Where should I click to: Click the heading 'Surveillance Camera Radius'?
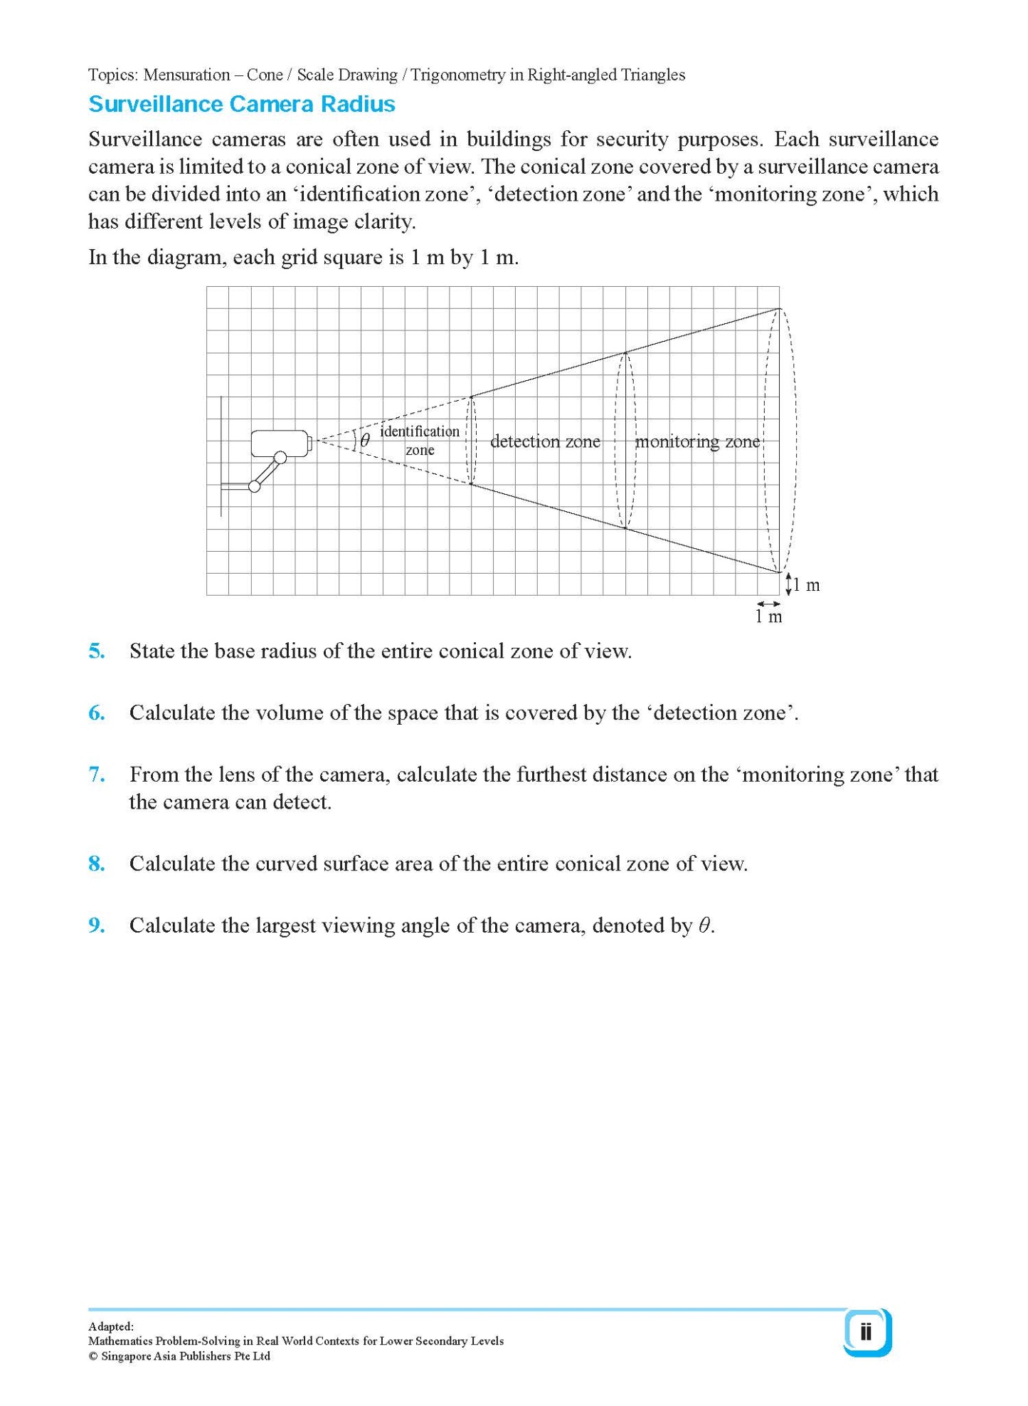tap(241, 105)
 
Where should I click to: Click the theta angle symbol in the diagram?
tap(365, 440)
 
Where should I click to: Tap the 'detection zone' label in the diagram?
tap(545, 441)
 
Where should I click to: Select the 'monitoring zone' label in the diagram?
tap(697, 441)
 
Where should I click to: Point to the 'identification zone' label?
tap(420, 440)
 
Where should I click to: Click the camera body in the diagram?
tap(280, 443)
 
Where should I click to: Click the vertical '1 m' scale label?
tap(806, 585)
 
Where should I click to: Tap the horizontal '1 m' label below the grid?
tap(768, 617)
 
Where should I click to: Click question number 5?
tap(97, 651)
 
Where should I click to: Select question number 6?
tap(97, 713)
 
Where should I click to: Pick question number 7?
tap(97, 775)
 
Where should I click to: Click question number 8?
tap(97, 864)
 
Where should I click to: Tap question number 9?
tap(97, 925)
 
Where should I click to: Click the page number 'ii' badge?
tap(866, 1332)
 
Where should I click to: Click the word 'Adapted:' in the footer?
tap(111, 1326)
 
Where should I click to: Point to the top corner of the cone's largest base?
tap(780, 309)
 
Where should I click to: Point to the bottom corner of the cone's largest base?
tap(780, 572)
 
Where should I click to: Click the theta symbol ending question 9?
tap(704, 925)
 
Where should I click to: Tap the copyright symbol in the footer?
tap(92, 1356)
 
